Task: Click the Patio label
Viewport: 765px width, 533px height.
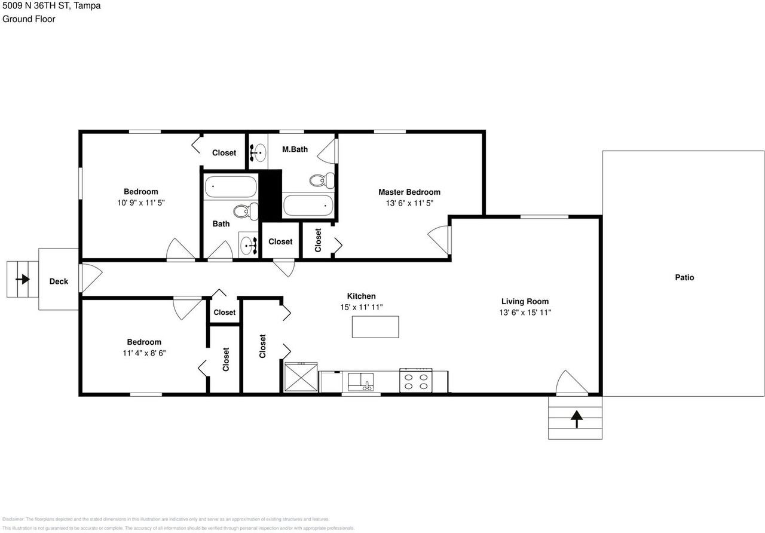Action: [x=684, y=277]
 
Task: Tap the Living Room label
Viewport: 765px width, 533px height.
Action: [x=525, y=301]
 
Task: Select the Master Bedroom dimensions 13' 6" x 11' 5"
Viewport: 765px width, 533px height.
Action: [x=409, y=203]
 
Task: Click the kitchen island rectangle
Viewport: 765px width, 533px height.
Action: [x=375, y=327]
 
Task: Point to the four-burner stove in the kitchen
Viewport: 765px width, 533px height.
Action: [x=415, y=381]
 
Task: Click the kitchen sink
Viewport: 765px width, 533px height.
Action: [x=361, y=381]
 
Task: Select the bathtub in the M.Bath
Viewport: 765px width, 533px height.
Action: [x=308, y=206]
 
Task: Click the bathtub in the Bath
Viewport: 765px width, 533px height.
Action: [x=231, y=187]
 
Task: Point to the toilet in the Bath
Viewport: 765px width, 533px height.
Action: [x=245, y=211]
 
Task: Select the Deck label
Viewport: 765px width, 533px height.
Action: [x=59, y=281]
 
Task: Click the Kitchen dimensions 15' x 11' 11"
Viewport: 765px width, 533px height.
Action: [x=361, y=307]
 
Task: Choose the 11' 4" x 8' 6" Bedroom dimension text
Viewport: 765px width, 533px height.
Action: [x=144, y=353]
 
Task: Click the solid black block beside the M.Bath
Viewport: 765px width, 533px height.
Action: [x=270, y=195]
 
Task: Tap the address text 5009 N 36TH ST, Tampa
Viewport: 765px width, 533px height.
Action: [x=51, y=6]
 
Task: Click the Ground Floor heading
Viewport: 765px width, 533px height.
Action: [x=29, y=19]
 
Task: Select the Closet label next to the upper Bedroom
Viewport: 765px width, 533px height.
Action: [x=224, y=153]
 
